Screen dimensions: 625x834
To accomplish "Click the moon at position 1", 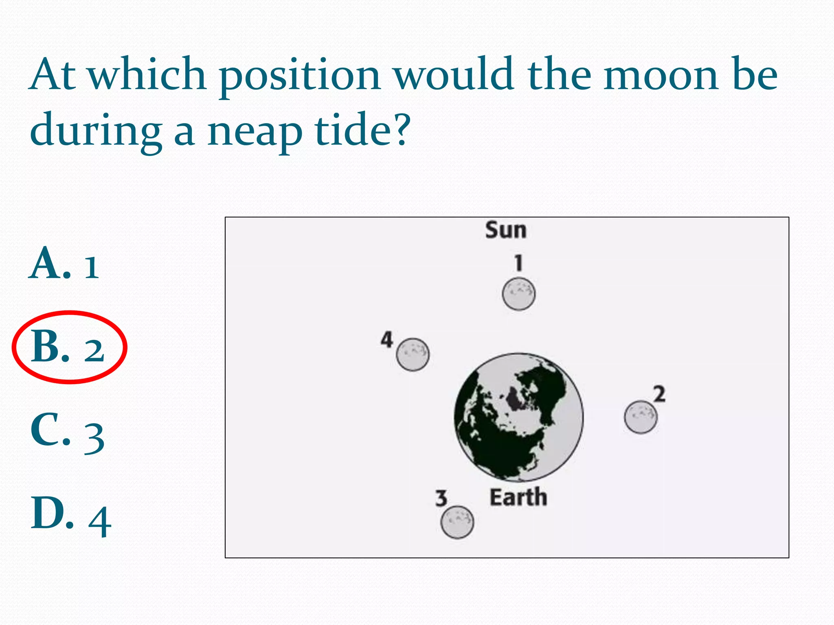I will (518, 294).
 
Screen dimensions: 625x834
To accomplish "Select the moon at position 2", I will (640, 417).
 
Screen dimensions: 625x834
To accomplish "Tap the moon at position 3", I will (457, 522).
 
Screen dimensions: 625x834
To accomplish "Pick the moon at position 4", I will (413, 354).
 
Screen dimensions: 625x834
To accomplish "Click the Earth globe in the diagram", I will (518, 417).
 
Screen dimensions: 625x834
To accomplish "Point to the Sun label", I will (506, 230).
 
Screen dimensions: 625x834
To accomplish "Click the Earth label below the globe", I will (518, 498).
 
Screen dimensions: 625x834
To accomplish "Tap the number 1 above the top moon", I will (518, 263).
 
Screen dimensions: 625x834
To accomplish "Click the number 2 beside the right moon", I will (659, 394).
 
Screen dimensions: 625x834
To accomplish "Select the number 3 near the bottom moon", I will (441, 498).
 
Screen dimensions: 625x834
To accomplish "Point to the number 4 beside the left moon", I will (387, 339).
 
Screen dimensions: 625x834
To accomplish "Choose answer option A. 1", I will (65, 264).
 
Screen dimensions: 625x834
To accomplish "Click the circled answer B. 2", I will (68, 347).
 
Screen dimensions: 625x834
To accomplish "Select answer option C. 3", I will (67, 431).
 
